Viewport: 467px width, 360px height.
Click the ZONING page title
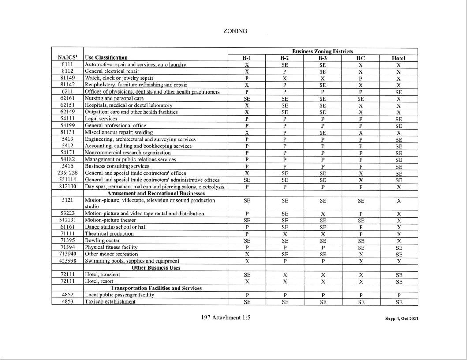[235, 31]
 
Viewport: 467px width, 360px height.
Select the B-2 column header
[285, 58]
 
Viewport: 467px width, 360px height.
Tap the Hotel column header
[398, 58]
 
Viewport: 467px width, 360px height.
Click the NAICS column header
[67, 57]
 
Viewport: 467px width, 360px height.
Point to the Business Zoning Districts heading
[322, 52]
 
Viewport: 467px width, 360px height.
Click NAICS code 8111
[67, 64]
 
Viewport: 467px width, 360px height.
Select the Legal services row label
[101, 119]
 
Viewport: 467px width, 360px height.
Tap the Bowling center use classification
[102, 240]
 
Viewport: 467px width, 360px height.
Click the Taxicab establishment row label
[110, 302]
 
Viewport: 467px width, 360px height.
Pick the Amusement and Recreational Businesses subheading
[156, 193]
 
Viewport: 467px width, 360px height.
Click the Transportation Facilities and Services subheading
[156, 288]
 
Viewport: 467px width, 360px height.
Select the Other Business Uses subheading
[156, 267]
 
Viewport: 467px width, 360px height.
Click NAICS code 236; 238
[67, 173]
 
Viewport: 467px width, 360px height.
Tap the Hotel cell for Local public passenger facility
[399, 295]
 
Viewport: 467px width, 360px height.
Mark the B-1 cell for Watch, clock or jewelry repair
[247, 78]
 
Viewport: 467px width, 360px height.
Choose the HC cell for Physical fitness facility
[361, 247]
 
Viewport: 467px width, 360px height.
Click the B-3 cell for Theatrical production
[323, 234]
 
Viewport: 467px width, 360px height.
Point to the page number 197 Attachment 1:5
[225, 318]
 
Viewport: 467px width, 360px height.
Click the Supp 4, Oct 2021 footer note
[402, 319]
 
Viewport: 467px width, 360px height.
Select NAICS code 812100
[67, 187]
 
